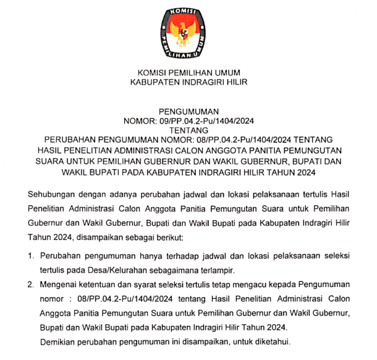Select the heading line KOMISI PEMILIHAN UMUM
coord(188,72)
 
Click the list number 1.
coord(30,255)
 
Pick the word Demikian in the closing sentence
coord(59,342)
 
